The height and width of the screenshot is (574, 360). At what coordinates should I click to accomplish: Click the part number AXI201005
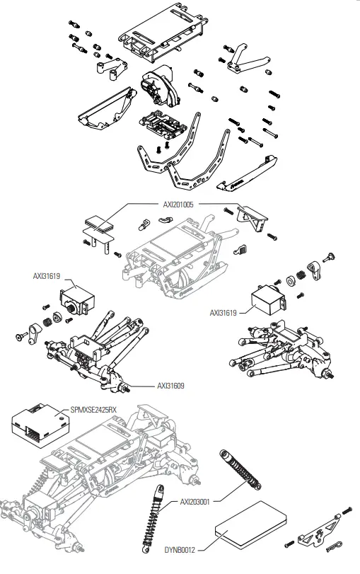click(x=178, y=204)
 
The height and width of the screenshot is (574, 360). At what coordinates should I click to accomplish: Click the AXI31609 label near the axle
click(x=172, y=386)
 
